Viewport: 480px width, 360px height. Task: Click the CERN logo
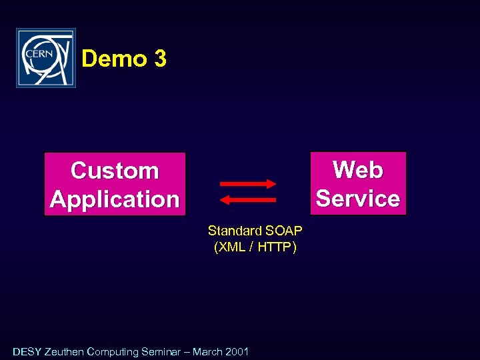coord(46,58)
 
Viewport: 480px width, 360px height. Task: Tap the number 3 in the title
coord(160,59)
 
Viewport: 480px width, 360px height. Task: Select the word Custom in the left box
coord(115,171)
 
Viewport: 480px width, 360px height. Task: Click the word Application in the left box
coord(115,199)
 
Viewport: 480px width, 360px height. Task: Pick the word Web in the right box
coord(358,169)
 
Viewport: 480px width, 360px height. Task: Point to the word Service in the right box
coord(358,198)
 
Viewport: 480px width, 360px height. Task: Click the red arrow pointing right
coord(247,184)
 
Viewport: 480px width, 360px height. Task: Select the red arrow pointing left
coord(247,199)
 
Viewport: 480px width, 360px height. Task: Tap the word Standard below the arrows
coord(235,231)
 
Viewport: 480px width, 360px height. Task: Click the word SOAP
coord(284,231)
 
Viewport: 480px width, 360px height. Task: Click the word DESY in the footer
coord(27,351)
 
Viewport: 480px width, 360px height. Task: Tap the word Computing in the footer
coord(113,351)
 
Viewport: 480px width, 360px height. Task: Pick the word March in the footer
coord(208,351)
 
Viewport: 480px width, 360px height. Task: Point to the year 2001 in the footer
coord(237,351)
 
